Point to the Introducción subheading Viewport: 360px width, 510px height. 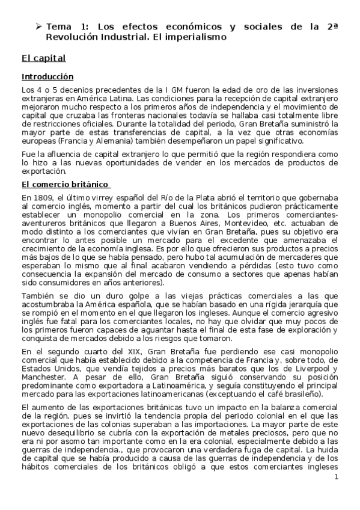coord(47,77)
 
